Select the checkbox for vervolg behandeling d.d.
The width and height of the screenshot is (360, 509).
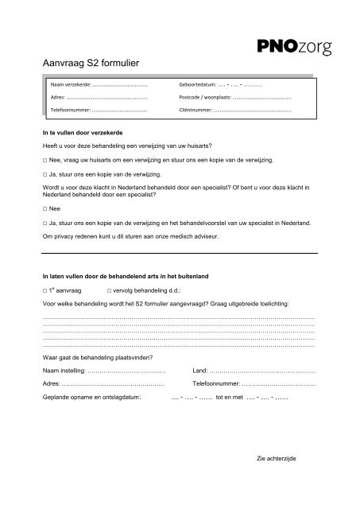(109, 291)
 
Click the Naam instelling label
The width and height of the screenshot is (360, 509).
(63, 371)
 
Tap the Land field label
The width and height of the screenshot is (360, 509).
(200, 371)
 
